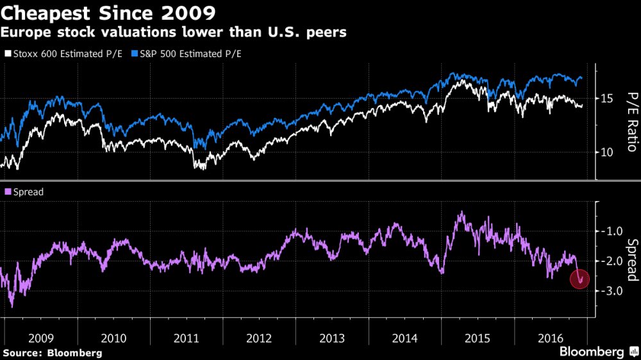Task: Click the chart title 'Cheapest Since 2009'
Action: pyautogui.click(x=109, y=12)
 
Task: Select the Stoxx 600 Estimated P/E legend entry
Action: pyautogui.click(x=64, y=54)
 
